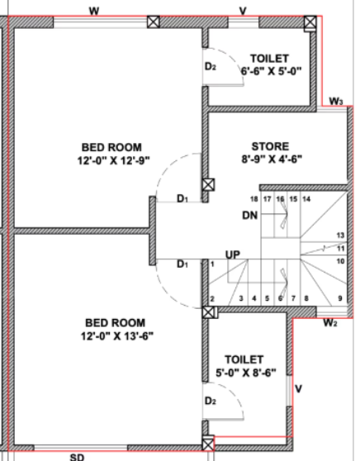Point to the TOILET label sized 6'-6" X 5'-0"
pos(269,58)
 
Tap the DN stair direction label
pos(251,216)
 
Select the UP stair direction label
pos(234,254)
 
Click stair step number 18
pos(255,200)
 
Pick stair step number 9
pos(339,298)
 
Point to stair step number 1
pos(213,264)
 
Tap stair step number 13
pos(340,235)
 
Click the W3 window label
pos(334,101)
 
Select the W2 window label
pos(329,322)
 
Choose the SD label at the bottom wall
pos(76,455)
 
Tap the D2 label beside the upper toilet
pos(210,66)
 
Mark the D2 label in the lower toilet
pos(210,401)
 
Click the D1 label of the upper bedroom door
pos(182,199)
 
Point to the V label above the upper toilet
pos(243,11)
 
